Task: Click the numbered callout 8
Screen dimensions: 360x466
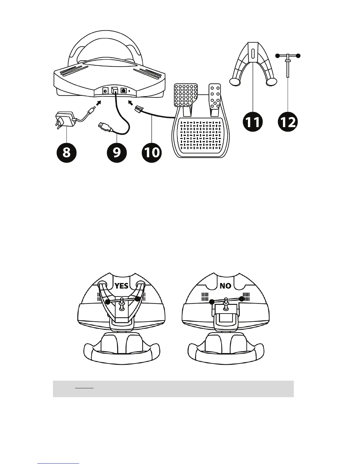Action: [x=67, y=152]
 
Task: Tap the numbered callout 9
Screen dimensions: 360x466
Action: [x=117, y=152]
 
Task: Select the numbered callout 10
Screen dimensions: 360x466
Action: [x=151, y=152]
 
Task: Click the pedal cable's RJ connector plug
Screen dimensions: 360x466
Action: [x=139, y=111]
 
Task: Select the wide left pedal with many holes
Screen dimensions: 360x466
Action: [x=186, y=95]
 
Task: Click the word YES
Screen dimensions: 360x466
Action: [x=121, y=286]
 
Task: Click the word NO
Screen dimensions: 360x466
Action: [x=225, y=286]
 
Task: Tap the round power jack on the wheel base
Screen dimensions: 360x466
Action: [x=105, y=91]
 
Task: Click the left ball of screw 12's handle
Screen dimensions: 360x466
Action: [x=277, y=55]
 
